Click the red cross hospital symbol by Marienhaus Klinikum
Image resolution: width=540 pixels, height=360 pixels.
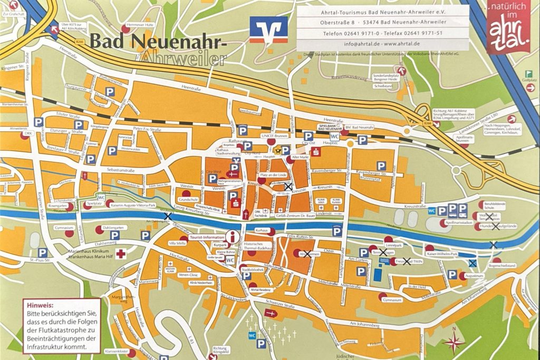click(x=122, y=254)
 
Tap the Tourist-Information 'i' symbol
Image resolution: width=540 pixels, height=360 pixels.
click(x=230, y=237)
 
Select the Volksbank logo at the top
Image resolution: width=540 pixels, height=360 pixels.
click(x=269, y=30)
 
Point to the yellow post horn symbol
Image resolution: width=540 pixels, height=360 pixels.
click(x=278, y=149)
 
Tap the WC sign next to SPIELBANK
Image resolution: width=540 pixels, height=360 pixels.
click(x=334, y=137)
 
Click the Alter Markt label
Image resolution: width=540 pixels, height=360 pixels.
click(x=300, y=157)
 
